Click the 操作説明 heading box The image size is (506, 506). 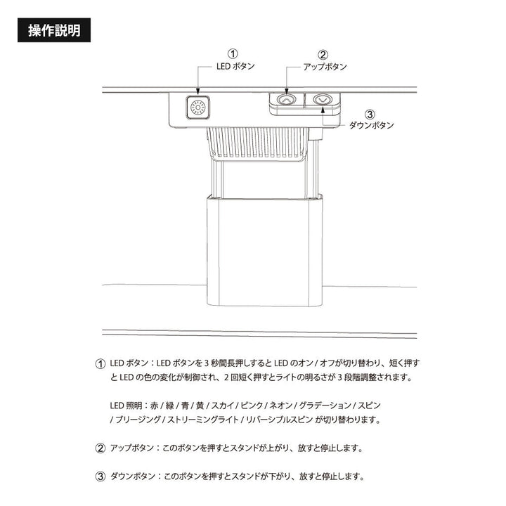(54, 30)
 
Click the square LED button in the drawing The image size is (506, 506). (197, 108)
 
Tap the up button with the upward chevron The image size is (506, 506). (286, 100)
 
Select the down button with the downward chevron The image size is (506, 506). (322, 100)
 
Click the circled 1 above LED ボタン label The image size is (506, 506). (233, 53)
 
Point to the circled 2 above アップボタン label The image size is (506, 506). (323, 54)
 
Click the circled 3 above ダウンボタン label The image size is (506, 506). (370, 115)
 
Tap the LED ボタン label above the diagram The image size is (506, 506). (235, 66)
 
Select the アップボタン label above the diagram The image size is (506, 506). (325, 67)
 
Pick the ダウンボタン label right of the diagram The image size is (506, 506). (372, 125)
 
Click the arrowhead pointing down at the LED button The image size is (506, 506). (197, 93)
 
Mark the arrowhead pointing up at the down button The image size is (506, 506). (323, 110)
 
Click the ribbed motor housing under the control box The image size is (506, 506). (258, 143)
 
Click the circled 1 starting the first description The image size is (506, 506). (100, 364)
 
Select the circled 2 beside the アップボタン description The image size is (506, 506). (100, 448)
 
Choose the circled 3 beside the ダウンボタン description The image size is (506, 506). (100, 476)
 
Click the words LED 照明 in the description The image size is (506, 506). (126, 406)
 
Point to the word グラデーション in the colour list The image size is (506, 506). (325, 406)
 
